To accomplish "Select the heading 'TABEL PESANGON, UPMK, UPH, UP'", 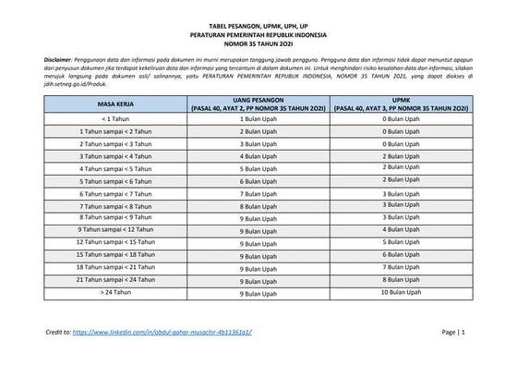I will [x=258, y=29].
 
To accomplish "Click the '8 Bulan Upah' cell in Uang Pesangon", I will [x=259, y=206].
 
